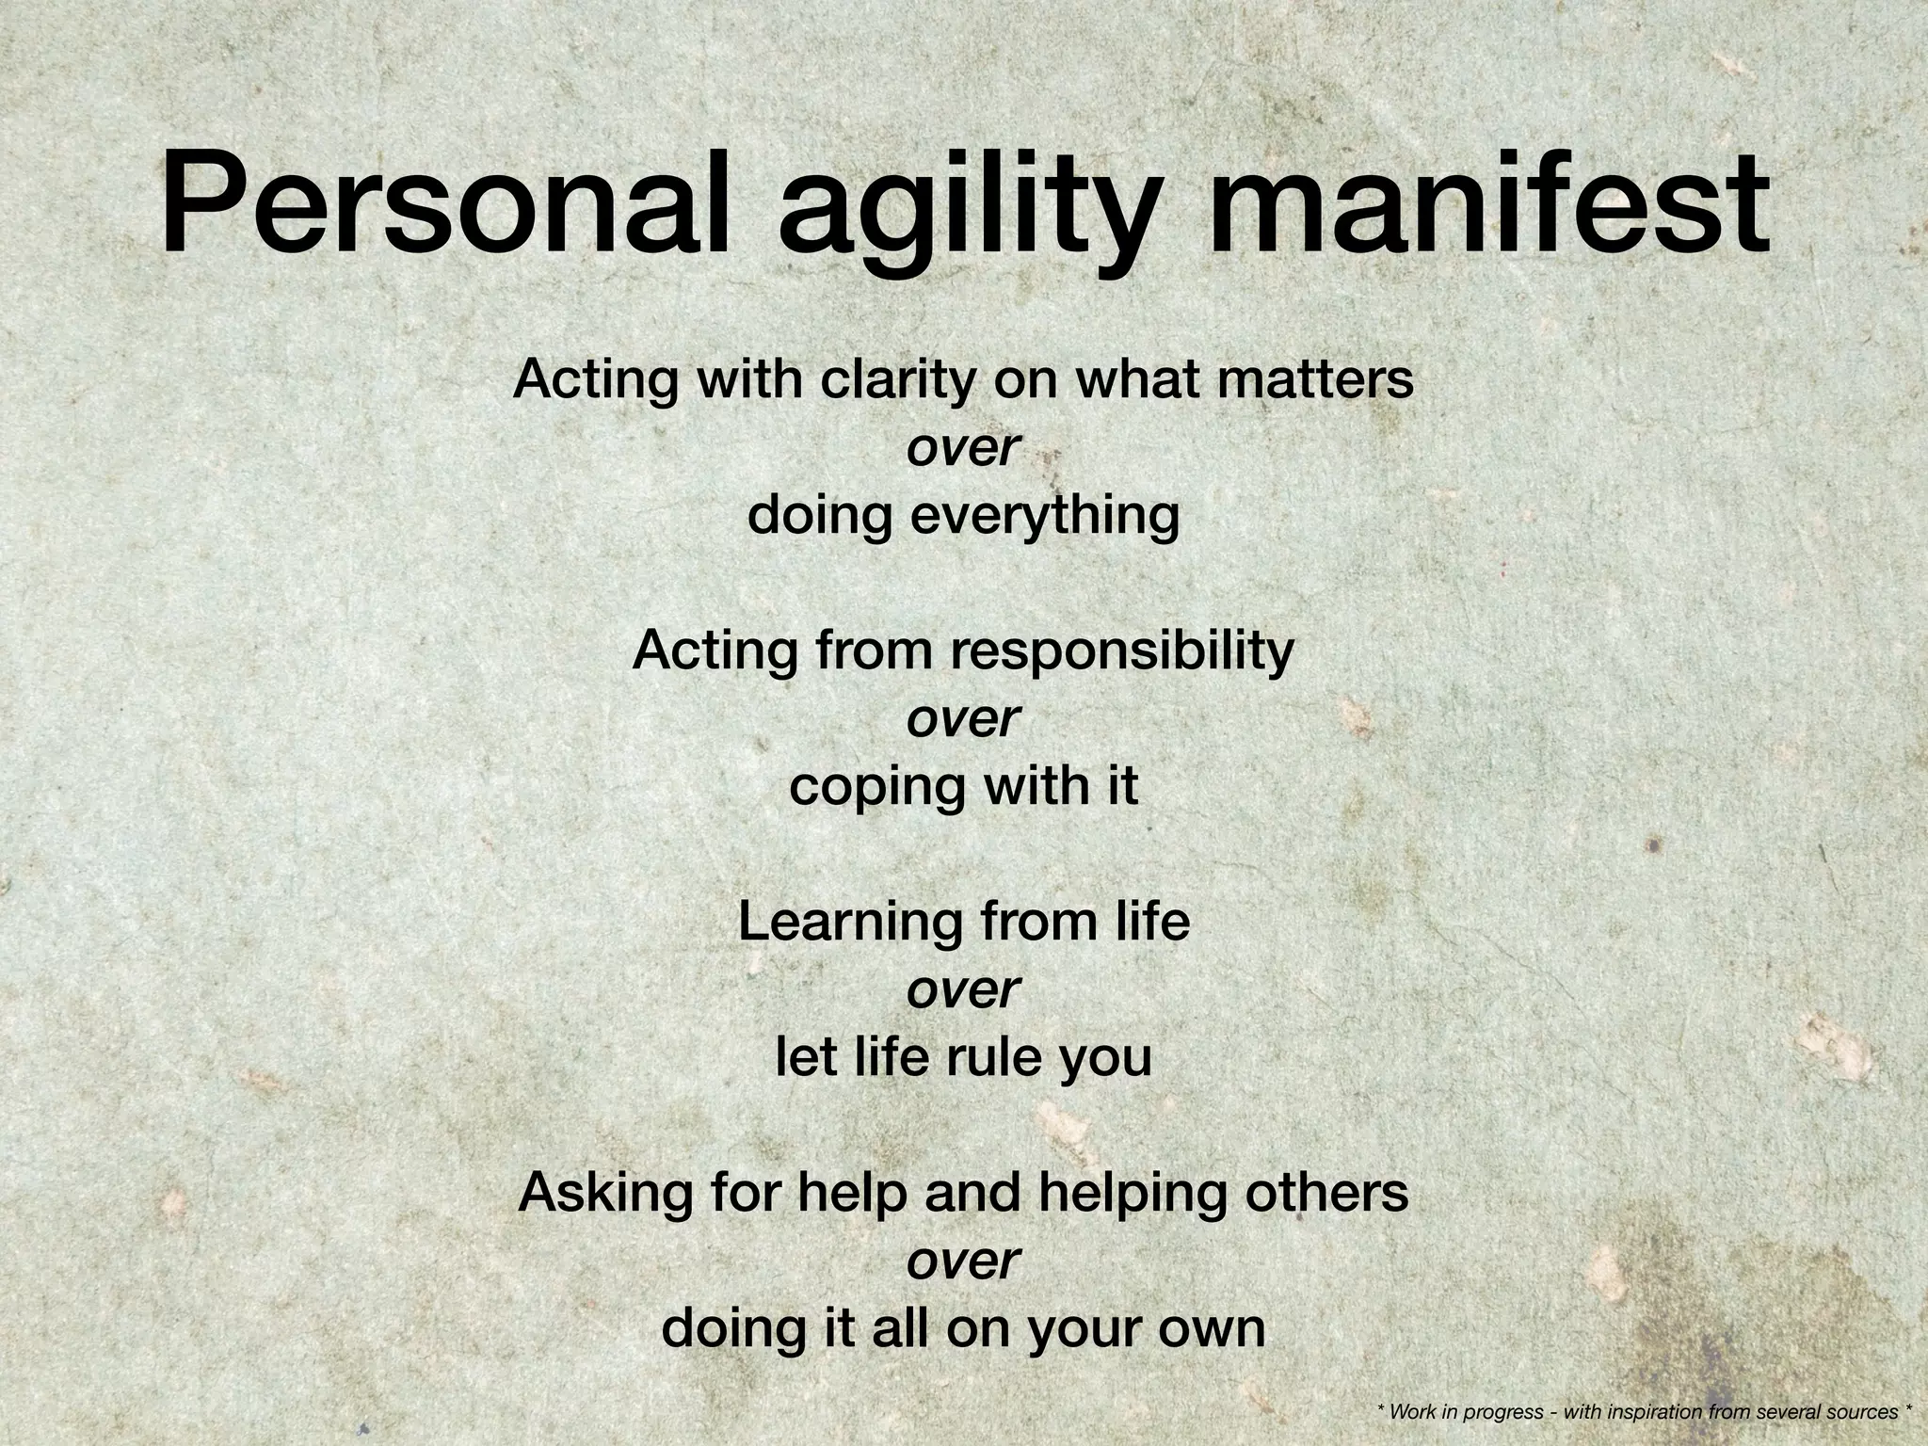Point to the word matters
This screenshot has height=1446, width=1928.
coord(1318,379)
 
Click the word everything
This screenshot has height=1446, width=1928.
coord(1044,517)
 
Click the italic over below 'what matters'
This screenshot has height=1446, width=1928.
coord(963,450)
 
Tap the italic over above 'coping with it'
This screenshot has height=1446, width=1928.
coord(963,720)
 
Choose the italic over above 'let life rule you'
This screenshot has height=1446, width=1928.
coord(963,990)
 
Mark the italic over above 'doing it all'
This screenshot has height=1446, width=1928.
coord(963,1261)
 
